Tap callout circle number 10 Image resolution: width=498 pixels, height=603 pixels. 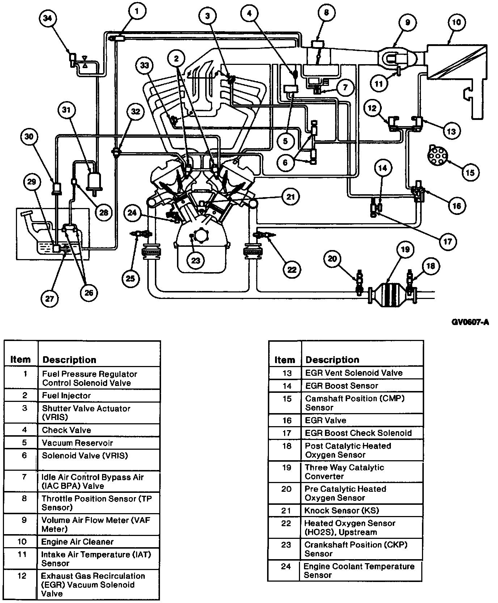tap(457, 22)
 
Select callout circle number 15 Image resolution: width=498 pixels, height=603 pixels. tap(470, 172)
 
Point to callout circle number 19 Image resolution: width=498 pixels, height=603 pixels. tap(405, 249)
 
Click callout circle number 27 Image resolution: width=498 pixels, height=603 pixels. tap(50, 299)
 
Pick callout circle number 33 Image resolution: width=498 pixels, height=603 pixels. tap(145, 66)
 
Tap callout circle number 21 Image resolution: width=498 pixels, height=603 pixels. tap(291, 197)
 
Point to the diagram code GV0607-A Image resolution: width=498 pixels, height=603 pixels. tap(470, 322)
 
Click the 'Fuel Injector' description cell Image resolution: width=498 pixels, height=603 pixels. tap(99, 396)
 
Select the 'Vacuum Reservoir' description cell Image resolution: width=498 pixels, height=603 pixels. tap(99, 443)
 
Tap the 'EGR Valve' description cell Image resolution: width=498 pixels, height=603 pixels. tap(362, 420)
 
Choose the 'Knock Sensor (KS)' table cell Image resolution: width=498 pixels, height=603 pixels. tap(362, 511)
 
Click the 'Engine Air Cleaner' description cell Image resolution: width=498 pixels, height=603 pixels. tap(99, 542)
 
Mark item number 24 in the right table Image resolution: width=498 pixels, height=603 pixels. tap(286, 566)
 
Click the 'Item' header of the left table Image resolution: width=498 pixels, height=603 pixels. tap(20, 359)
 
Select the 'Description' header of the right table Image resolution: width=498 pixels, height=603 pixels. tap(332, 359)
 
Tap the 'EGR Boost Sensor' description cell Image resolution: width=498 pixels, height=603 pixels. tap(362, 386)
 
